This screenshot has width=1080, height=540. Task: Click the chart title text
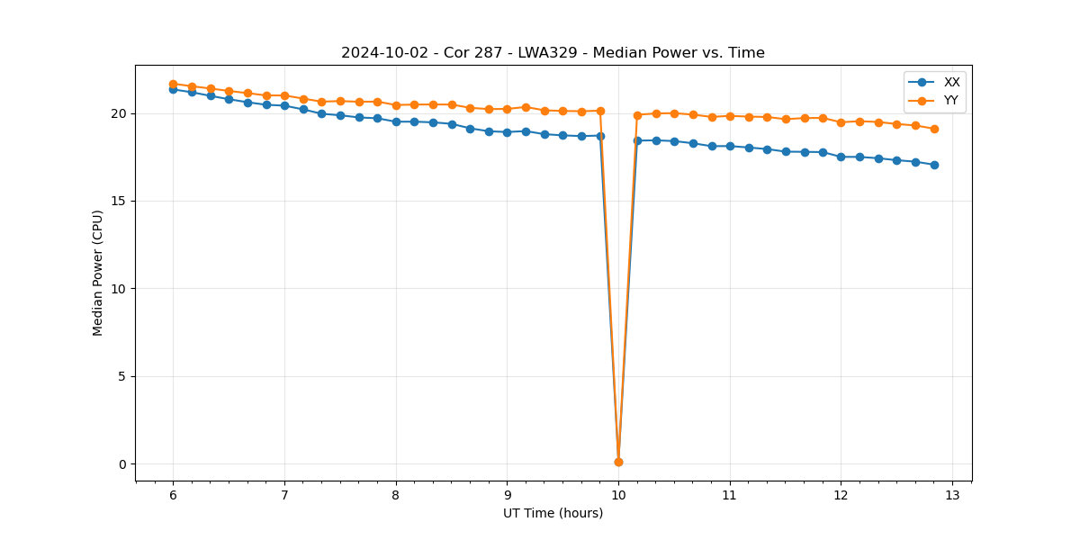553,53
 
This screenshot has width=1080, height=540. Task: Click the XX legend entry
951,82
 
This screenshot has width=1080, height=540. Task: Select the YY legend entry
950,100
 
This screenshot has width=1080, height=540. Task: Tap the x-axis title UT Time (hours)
553,513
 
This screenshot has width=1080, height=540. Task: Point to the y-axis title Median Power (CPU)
97,273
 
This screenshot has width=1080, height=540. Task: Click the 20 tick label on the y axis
118,113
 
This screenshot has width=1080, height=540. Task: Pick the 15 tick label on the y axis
118,201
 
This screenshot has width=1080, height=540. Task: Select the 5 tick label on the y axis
121,376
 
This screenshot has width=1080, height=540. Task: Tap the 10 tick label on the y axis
118,289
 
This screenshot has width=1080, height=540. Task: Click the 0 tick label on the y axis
121,464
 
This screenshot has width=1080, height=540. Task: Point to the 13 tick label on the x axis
952,495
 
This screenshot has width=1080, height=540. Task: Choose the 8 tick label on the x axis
396,495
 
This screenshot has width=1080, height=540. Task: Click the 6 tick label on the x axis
173,495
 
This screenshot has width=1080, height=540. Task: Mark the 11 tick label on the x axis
730,495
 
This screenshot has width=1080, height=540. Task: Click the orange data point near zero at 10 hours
618,462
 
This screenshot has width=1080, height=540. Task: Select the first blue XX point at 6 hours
173,89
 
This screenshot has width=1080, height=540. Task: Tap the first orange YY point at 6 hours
173,84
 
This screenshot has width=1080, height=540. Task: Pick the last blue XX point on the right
934,165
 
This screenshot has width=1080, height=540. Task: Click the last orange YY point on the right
934,129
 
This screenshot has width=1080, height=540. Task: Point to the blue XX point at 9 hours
507,132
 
